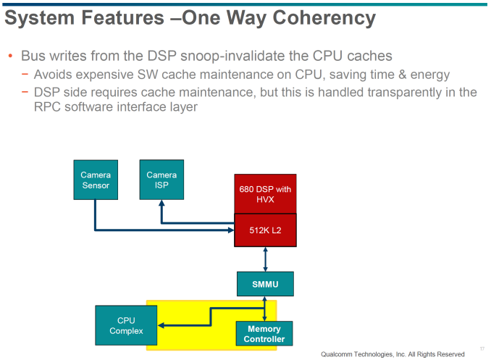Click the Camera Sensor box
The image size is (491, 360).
point(96,180)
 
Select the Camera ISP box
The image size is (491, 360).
point(161,180)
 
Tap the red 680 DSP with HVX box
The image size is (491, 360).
point(265,194)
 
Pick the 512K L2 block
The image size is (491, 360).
point(265,230)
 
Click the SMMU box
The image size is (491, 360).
point(265,284)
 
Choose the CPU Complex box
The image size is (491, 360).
point(126,325)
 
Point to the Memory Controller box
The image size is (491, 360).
point(264,334)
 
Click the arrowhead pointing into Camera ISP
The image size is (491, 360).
point(161,203)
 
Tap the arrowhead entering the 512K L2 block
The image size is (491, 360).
point(231,230)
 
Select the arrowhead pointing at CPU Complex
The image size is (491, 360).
point(161,325)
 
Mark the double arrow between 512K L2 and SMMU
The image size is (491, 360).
point(265,259)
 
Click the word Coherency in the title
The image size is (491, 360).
point(324,18)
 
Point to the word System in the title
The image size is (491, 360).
point(40,18)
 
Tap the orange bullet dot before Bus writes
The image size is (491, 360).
point(10,56)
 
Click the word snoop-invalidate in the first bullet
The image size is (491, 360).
point(232,56)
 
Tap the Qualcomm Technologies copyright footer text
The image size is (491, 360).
point(393,354)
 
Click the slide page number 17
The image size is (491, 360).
point(482,348)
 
